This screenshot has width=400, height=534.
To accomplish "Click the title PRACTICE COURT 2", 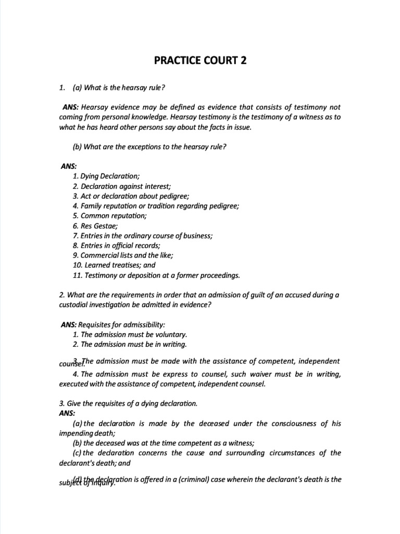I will pos(200,60).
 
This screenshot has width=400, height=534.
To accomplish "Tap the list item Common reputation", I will pos(110,215).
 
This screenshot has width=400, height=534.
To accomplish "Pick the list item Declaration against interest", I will pos(122,186).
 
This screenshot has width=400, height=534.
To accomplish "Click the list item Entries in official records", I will pos(117,245).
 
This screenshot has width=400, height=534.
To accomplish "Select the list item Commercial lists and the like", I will pos(123,255).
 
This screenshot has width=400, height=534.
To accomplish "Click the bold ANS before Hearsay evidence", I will pos(71,107).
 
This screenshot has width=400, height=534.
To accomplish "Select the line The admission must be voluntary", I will pos(130,334).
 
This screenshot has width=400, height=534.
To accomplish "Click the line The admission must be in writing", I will pos(130,344).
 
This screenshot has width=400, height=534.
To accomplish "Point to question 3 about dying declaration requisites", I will pos(129,403).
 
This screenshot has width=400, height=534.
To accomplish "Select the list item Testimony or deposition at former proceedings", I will pos(156,275).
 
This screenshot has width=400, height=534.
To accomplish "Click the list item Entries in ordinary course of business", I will pos(143,235).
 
